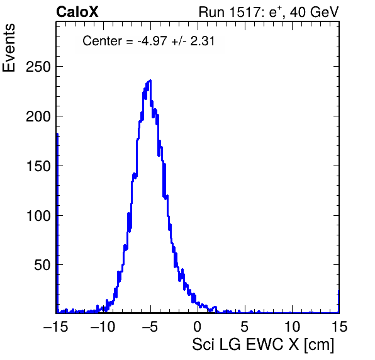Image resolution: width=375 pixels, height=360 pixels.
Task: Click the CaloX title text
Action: (x=77, y=12)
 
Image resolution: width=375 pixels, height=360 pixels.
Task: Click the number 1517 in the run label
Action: (x=246, y=12)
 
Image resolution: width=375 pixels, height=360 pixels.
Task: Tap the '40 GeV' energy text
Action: (x=314, y=12)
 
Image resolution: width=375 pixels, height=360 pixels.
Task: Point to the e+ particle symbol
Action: (x=276, y=12)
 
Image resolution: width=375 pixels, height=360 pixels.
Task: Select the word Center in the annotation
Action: (x=102, y=41)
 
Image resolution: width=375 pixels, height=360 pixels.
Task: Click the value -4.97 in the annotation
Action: (x=152, y=41)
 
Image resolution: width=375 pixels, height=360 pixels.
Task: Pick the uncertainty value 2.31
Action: (x=203, y=41)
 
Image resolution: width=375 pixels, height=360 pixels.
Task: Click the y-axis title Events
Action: (x=9, y=48)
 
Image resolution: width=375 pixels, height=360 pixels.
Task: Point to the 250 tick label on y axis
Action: (x=38, y=67)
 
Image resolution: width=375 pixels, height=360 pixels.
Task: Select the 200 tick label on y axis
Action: (x=38, y=116)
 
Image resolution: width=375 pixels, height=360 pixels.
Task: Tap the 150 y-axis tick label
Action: (x=38, y=166)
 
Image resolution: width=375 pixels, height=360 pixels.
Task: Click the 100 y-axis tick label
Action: (x=38, y=216)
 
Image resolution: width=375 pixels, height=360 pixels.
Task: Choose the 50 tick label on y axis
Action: (x=43, y=265)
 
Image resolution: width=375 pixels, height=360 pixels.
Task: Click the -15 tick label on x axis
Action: (x=56, y=326)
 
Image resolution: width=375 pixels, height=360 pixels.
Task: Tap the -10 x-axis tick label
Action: (x=103, y=326)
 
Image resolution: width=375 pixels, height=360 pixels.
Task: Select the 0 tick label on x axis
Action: (x=198, y=326)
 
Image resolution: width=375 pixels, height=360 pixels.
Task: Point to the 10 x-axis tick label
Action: (x=292, y=326)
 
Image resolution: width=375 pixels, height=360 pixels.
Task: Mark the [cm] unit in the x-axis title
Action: (x=319, y=345)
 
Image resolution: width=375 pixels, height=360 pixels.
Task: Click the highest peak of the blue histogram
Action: (x=150, y=81)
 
